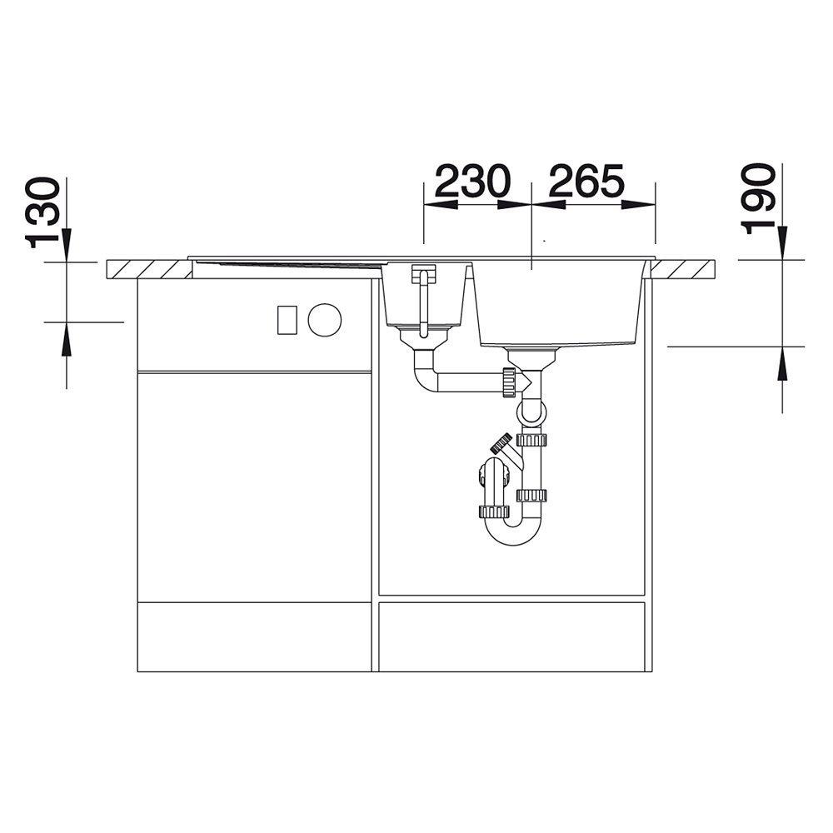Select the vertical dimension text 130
click(x=43, y=212)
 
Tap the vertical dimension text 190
click(x=759, y=199)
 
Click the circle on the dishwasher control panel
click(x=325, y=320)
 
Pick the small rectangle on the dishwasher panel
click(x=287, y=320)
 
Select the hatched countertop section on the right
click(x=684, y=269)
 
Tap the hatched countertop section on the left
click(x=149, y=269)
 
